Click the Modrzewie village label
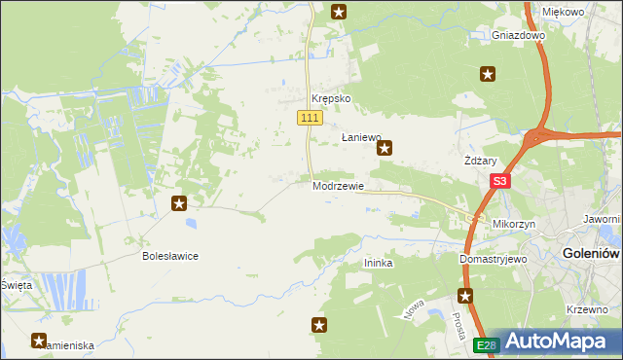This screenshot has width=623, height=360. pyautogui.click(x=339, y=186)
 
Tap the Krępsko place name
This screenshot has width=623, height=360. pyautogui.click(x=330, y=99)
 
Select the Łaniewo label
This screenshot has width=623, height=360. pyautogui.click(x=360, y=138)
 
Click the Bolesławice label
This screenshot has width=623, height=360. pyautogui.click(x=170, y=256)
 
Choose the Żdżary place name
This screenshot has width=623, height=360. pyautogui.click(x=481, y=162)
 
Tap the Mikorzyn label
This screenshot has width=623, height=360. pyautogui.click(x=515, y=224)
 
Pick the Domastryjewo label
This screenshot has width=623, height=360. pyautogui.click(x=493, y=260)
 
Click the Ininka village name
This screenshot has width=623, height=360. pyautogui.click(x=378, y=263)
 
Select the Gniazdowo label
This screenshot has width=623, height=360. pyautogui.click(x=518, y=35)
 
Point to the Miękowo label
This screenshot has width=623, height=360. pyautogui.click(x=563, y=12)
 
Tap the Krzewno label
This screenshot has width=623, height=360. pyautogui.click(x=587, y=309)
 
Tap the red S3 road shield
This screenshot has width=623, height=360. pyautogui.click(x=500, y=181)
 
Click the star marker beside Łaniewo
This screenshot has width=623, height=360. pyautogui.click(x=385, y=149)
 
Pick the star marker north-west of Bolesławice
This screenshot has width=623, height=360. pyautogui.click(x=179, y=203)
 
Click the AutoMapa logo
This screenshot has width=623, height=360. pyautogui.click(x=550, y=341)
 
